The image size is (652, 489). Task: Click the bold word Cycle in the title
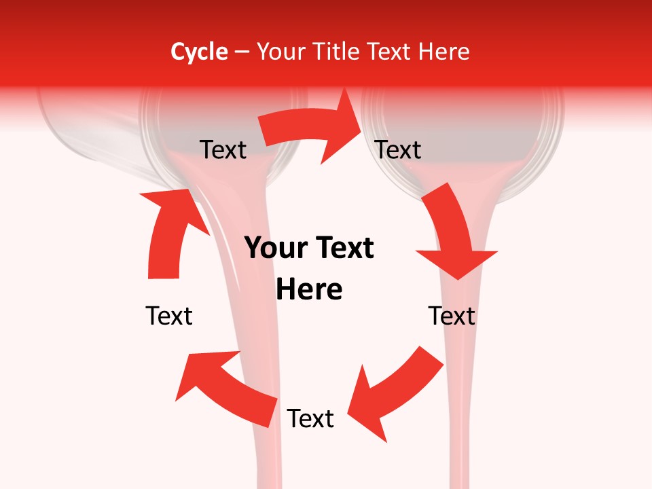pos(199,52)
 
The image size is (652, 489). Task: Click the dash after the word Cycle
pos(242,52)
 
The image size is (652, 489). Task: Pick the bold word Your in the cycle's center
pos(274,249)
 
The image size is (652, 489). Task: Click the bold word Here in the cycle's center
pos(309,290)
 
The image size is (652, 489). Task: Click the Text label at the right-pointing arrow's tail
pos(223,149)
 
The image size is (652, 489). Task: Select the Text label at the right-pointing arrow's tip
pos(399,149)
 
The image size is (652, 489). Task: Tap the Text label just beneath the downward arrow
pos(452,316)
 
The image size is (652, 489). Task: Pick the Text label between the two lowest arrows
pos(310,418)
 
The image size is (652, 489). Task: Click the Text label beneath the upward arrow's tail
pos(169,316)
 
